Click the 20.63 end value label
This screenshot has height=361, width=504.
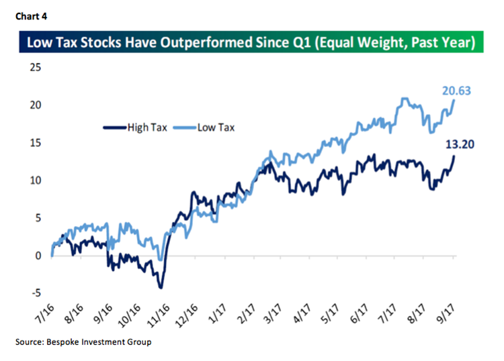tap(457, 89)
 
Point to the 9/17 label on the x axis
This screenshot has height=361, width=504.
tap(446, 315)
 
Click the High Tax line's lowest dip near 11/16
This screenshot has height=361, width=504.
tap(161, 287)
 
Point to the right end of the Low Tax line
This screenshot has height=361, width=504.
tap(454, 100)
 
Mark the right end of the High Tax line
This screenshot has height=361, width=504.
tap(454, 156)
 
